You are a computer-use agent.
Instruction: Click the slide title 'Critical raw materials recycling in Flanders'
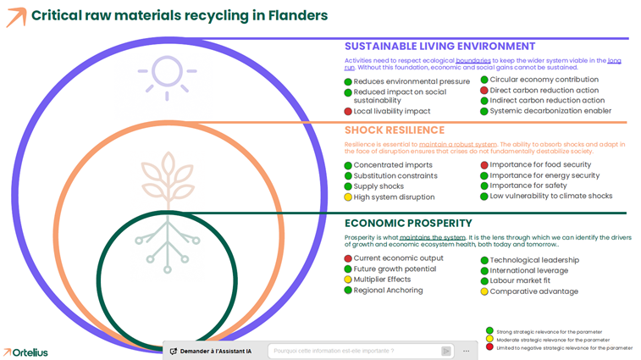click(x=179, y=15)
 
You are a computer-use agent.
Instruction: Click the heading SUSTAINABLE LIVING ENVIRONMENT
click(x=439, y=47)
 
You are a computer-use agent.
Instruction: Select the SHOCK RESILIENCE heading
click(x=395, y=130)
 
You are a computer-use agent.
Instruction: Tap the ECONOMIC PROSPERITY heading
click(x=408, y=224)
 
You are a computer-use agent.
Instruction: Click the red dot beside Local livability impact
click(x=348, y=112)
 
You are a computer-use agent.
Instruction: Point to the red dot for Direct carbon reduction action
click(x=484, y=91)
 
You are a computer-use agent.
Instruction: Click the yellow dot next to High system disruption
click(x=348, y=197)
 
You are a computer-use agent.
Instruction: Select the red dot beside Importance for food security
click(x=484, y=165)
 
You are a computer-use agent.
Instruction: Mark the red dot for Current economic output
click(x=348, y=258)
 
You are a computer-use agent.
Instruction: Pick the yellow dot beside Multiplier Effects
click(x=348, y=280)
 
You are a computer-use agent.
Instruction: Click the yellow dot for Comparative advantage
click(x=484, y=291)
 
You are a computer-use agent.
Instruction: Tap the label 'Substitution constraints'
click(x=395, y=176)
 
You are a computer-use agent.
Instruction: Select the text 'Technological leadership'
click(x=534, y=260)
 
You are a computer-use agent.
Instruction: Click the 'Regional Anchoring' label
click(x=388, y=291)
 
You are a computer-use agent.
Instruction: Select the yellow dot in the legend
click(x=489, y=339)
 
